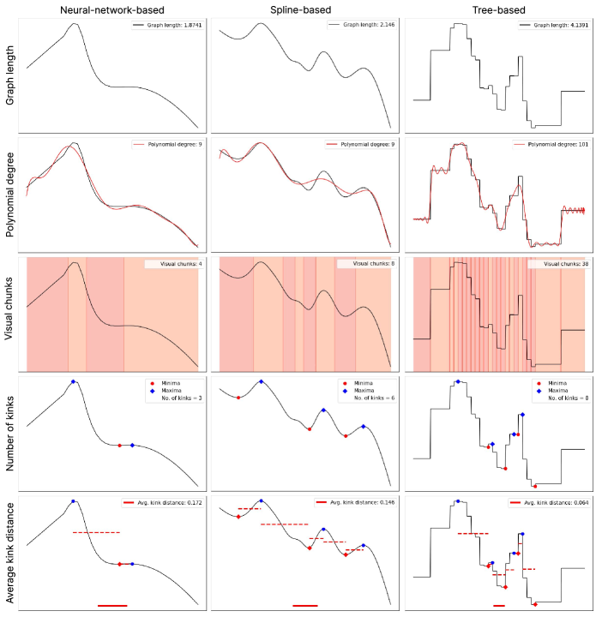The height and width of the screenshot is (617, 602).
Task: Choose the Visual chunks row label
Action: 9,314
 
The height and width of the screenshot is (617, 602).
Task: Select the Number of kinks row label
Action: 9,432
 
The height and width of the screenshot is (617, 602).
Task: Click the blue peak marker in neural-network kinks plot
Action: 74,381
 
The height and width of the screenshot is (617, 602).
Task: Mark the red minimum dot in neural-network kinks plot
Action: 119,445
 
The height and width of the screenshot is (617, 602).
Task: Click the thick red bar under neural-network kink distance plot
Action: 112,606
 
